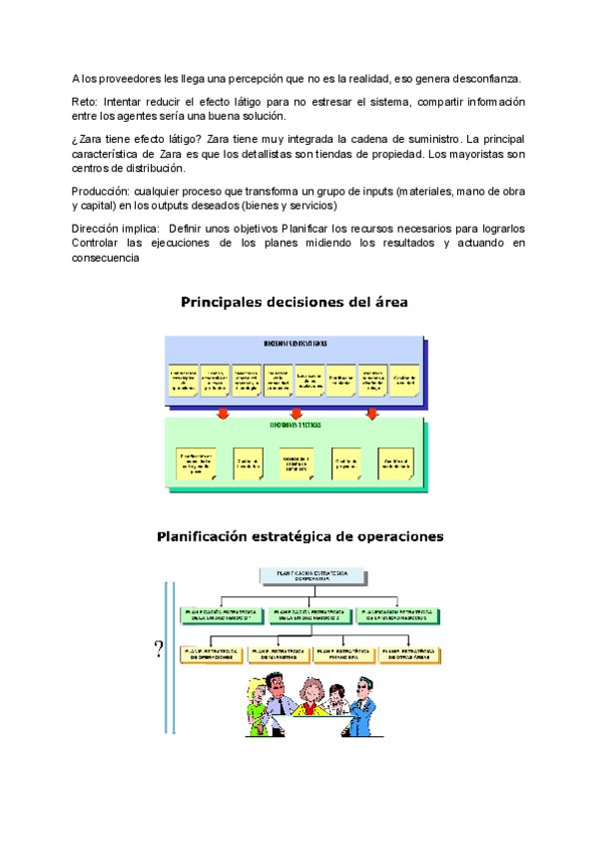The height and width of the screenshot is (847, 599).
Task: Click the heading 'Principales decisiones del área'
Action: tap(294, 302)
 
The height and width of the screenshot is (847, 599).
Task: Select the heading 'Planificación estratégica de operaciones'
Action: tap(299, 536)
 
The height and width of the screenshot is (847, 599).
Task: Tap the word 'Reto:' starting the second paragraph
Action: tap(85, 103)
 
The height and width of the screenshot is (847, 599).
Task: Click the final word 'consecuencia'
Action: tap(109, 259)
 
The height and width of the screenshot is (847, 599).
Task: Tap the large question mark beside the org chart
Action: tap(159, 651)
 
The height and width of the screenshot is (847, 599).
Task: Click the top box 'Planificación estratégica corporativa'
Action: tap(304, 576)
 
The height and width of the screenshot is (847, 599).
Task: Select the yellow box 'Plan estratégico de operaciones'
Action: tap(212, 655)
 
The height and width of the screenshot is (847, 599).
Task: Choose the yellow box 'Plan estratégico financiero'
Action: tap(344, 655)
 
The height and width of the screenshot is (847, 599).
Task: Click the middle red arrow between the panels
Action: tap(296, 413)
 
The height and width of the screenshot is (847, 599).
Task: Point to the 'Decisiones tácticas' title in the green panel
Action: tap(296, 424)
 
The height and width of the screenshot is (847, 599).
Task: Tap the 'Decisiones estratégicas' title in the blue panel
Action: tap(295, 343)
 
